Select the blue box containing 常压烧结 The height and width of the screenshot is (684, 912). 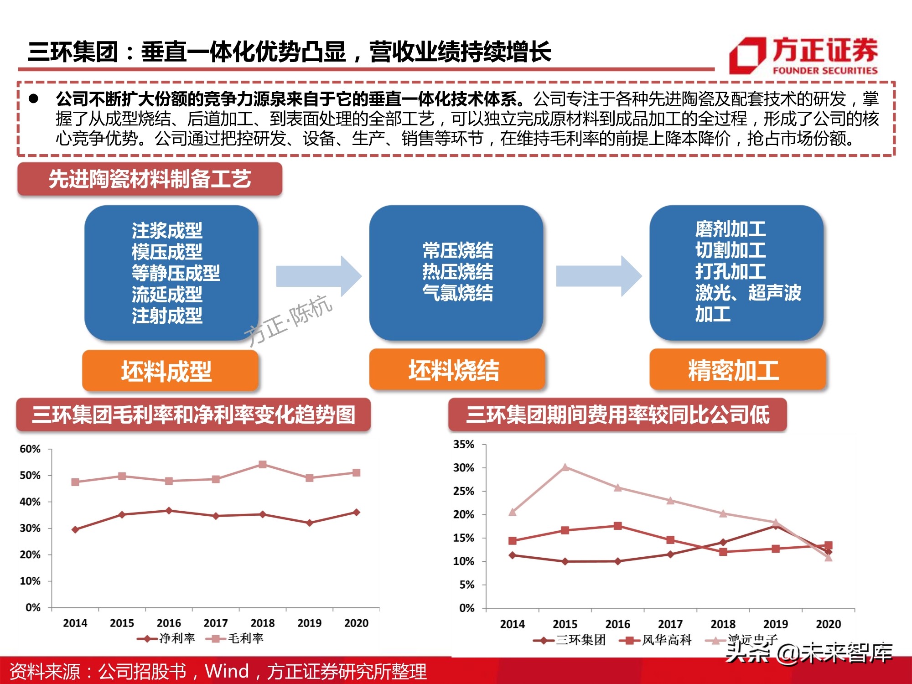pos(456,272)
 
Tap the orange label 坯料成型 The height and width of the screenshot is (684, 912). pos(170,370)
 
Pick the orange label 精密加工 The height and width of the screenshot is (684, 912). pos(737,370)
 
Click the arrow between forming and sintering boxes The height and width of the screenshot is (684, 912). pos(318,276)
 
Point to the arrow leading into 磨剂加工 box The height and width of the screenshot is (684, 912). pos(598,276)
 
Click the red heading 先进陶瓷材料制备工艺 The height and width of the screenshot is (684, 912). pos(150,179)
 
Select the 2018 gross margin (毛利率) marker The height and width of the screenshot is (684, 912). pos(263,465)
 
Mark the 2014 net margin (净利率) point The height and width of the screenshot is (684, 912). pos(75,529)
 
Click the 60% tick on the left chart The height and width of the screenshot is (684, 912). pos(30,449)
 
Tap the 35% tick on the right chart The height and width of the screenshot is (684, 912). pos(464,445)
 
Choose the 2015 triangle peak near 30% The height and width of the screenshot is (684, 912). pos(565,467)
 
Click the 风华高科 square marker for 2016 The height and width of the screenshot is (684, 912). pos(618,526)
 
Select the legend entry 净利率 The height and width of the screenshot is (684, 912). pos(167,638)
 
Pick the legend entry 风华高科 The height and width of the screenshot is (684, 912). pos(656,640)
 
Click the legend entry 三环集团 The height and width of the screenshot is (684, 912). pos(570,640)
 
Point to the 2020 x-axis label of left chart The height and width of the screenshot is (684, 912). pos(356,623)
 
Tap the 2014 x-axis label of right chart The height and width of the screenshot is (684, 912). pos(513,624)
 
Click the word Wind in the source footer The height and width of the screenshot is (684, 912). pos(227,671)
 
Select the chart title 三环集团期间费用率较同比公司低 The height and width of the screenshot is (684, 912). pos(617,415)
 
